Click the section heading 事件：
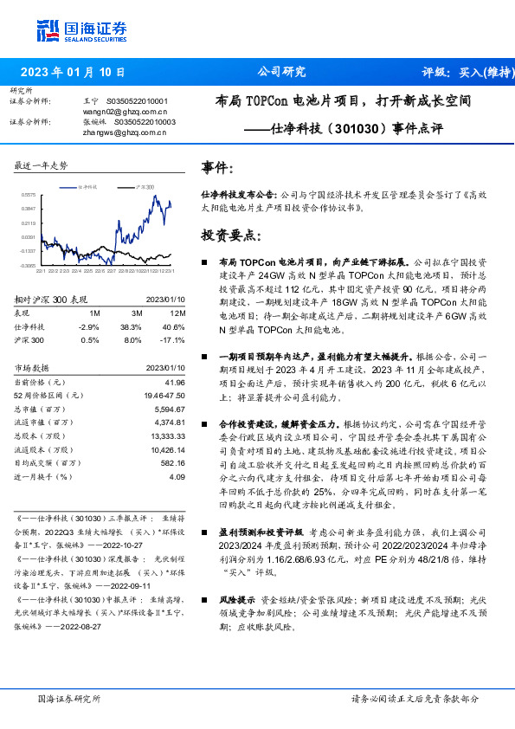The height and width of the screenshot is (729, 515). (x=216, y=167)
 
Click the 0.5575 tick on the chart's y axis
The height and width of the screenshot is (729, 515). (x=28, y=196)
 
